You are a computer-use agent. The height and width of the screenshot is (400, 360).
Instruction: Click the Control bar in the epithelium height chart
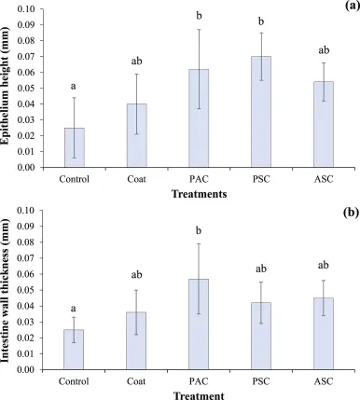[75, 147]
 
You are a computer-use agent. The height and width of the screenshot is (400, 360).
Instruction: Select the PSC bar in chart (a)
[261, 112]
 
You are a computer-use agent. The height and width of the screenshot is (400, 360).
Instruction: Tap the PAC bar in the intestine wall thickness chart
[199, 324]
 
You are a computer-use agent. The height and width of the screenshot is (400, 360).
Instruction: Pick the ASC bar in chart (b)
[324, 334]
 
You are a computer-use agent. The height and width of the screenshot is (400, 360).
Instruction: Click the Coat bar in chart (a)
[137, 135]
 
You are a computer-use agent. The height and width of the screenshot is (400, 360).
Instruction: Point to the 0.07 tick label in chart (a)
[26, 57]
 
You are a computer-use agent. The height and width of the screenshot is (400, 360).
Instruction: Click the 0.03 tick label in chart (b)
[26, 322]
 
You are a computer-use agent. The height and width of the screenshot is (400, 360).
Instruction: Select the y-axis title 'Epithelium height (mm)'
[6, 87]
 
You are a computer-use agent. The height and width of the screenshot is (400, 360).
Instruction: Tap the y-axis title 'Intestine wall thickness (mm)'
[6, 290]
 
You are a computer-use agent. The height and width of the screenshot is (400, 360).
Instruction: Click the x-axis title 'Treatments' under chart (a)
[200, 194]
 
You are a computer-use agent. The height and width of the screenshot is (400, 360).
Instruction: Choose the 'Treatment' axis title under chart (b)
[199, 395]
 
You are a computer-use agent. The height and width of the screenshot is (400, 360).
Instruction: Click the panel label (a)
[353, 7]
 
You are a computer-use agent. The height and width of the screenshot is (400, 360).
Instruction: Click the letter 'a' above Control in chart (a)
[74, 87]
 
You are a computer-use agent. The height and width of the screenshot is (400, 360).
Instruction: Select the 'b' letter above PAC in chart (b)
[199, 230]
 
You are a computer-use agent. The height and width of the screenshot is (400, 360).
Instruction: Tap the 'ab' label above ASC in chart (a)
[324, 50]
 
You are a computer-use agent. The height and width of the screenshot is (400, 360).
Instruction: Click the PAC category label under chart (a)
[199, 179]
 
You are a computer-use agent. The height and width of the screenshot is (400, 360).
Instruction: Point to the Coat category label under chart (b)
[136, 381]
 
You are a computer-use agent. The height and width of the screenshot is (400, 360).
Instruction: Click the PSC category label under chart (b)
[261, 381]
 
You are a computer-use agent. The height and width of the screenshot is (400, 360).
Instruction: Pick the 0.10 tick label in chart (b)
[26, 211]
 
